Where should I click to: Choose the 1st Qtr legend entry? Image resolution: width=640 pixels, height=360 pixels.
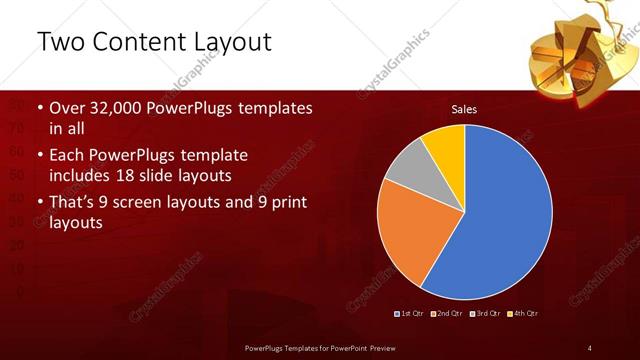411,314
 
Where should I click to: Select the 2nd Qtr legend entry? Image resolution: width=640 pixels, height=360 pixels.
447,314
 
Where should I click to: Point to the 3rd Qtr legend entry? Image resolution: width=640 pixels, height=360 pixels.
485,314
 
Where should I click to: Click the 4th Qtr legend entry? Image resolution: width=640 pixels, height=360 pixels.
523,314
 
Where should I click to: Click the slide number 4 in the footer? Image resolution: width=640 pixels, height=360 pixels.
590,347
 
